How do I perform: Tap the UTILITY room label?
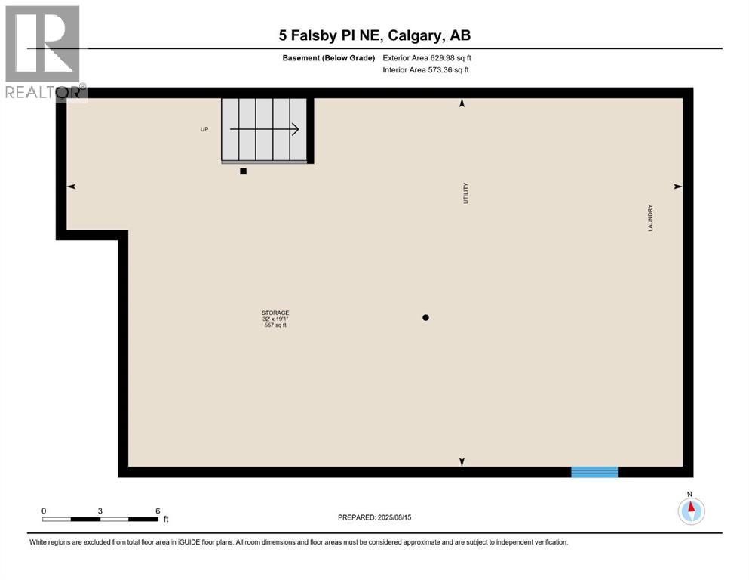tap(466, 193)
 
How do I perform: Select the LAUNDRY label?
tap(649, 218)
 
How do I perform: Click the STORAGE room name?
tap(275, 313)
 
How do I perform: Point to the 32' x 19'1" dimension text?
tap(275, 319)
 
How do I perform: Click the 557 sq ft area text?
tap(275, 325)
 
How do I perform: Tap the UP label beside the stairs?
tap(204, 129)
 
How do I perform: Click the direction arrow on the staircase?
tap(265, 129)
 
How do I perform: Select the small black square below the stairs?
tap(243, 171)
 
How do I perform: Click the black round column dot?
tap(425, 317)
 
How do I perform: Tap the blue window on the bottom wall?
tap(594, 472)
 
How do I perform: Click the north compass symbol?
tap(691, 511)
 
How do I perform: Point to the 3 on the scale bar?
tap(100, 511)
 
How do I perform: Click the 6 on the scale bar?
tap(158, 511)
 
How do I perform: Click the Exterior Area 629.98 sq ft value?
tap(428, 58)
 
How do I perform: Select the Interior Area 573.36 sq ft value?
tap(426, 70)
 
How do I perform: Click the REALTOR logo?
tap(44, 53)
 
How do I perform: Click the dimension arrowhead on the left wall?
tap(72, 187)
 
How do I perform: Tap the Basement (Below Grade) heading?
tap(327, 58)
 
